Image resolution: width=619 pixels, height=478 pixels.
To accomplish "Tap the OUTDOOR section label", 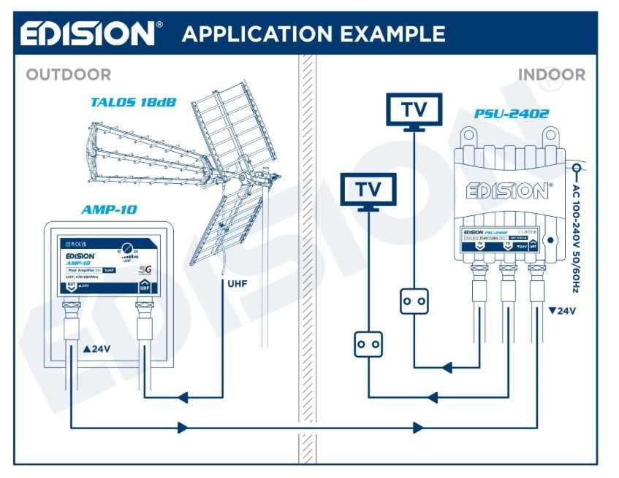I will pyautogui.click(x=69, y=74).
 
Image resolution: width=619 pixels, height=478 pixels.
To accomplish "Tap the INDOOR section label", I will pyautogui.click(x=551, y=74).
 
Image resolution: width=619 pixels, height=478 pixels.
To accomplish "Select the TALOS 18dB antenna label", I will pyautogui.click(x=133, y=102).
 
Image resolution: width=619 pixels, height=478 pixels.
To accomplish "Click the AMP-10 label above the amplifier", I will pyautogui.click(x=110, y=210).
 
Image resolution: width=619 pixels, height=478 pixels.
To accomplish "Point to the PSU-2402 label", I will pyautogui.click(x=511, y=114).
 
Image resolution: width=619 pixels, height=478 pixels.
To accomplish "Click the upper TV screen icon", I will pyautogui.click(x=414, y=110).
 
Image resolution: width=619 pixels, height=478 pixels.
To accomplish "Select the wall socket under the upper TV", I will pyautogui.click(x=414, y=301).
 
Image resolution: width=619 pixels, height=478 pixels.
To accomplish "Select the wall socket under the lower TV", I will pyautogui.click(x=368, y=344).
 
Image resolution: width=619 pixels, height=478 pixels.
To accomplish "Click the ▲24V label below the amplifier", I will pyautogui.click(x=97, y=349).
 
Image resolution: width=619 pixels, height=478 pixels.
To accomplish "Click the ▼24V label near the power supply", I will pyautogui.click(x=562, y=311).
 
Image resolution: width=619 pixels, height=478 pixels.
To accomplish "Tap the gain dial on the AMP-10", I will pyautogui.click(x=127, y=247).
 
